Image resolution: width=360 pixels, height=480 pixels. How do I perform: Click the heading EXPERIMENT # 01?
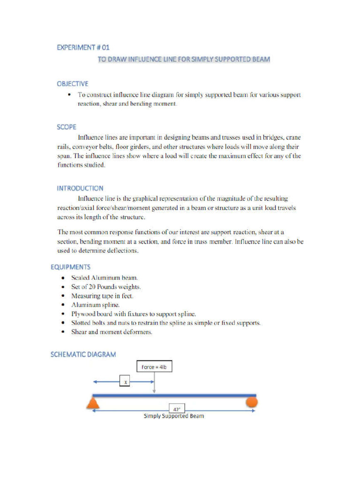(x=83, y=47)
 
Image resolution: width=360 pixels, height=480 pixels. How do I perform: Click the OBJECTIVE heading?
(x=72, y=84)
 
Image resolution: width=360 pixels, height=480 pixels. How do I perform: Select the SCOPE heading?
(x=67, y=127)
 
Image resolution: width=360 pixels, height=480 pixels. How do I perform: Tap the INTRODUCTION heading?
(x=80, y=188)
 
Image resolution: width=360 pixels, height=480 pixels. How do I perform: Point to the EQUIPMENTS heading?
(x=71, y=267)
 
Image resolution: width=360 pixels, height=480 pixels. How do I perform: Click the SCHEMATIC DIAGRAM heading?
(x=83, y=354)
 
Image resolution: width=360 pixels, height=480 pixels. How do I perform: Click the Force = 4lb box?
(x=154, y=367)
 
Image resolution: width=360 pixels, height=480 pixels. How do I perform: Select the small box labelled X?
(x=125, y=382)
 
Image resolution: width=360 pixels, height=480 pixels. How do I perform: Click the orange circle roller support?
(x=252, y=402)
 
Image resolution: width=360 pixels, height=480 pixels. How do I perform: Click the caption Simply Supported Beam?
(x=173, y=416)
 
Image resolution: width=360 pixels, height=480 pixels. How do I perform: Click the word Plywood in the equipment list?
(x=83, y=314)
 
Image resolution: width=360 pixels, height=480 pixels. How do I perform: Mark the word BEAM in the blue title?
(x=260, y=60)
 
